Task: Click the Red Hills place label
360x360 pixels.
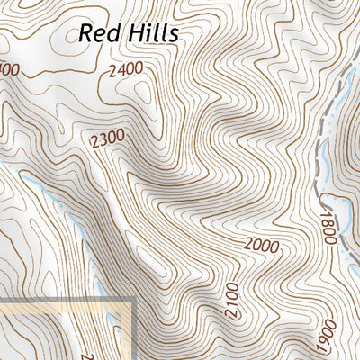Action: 129,33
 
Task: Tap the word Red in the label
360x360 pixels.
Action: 98,33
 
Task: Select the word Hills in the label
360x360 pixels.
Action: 150,33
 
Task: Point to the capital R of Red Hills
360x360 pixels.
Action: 86,33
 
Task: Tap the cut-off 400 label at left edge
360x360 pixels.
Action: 9,69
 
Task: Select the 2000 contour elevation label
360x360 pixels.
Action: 260,246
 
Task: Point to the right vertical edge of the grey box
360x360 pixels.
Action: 133,333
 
